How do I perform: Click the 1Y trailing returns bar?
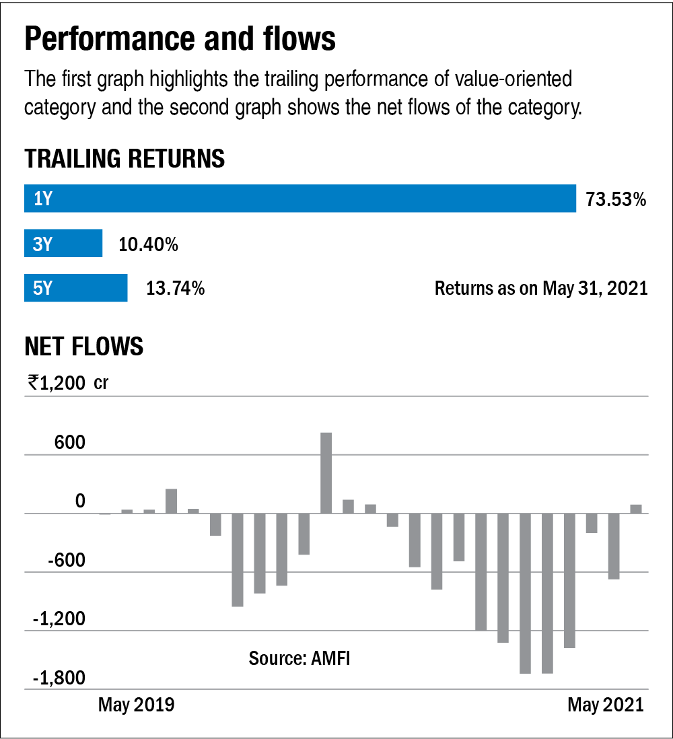click(300, 199)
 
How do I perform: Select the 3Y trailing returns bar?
click(63, 243)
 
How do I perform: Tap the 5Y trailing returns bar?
click(75, 288)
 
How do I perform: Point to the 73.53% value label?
click(616, 199)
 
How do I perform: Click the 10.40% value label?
click(148, 244)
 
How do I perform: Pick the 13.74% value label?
click(175, 289)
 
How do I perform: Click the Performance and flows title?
click(180, 40)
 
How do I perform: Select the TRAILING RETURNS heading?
click(125, 160)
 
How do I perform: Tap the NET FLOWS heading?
click(84, 346)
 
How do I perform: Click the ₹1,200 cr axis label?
click(67, 383)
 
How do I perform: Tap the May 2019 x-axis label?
click(136, 705)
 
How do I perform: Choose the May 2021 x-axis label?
click(605, 705)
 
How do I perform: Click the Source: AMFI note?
click(299, 658)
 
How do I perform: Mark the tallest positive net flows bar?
click(326, 472)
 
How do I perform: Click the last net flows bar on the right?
click(636, 509)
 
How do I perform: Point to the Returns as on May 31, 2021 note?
click(540, 289)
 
